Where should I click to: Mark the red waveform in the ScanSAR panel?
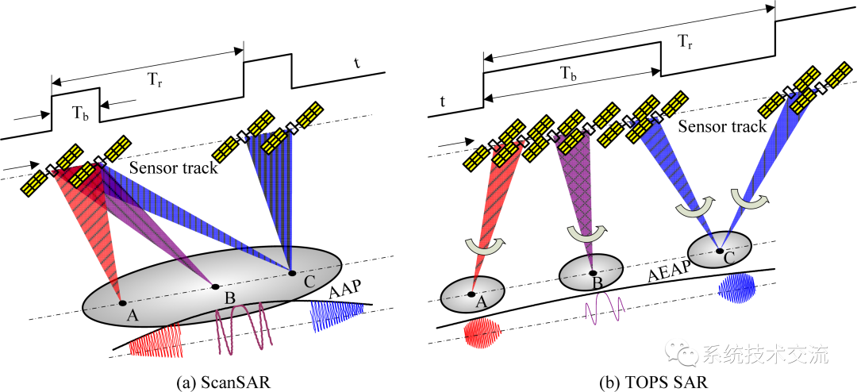[156, 342]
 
